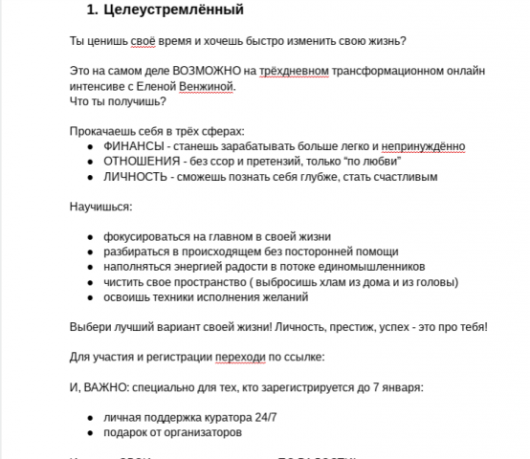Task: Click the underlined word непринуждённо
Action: coord(422,146)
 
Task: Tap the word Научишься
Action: coord(100,207)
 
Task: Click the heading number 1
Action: coord(92,11)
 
